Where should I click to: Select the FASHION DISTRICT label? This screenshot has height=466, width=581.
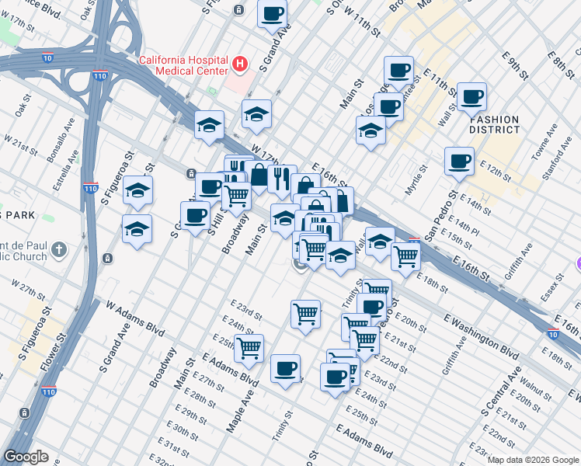point(495,124)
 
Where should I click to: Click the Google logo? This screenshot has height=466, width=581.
point(26,457)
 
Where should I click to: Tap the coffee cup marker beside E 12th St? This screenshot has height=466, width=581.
point(459,162)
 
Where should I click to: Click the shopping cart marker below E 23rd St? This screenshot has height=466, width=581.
point(305,314)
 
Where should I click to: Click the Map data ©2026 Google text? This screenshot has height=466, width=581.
point(532,459)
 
